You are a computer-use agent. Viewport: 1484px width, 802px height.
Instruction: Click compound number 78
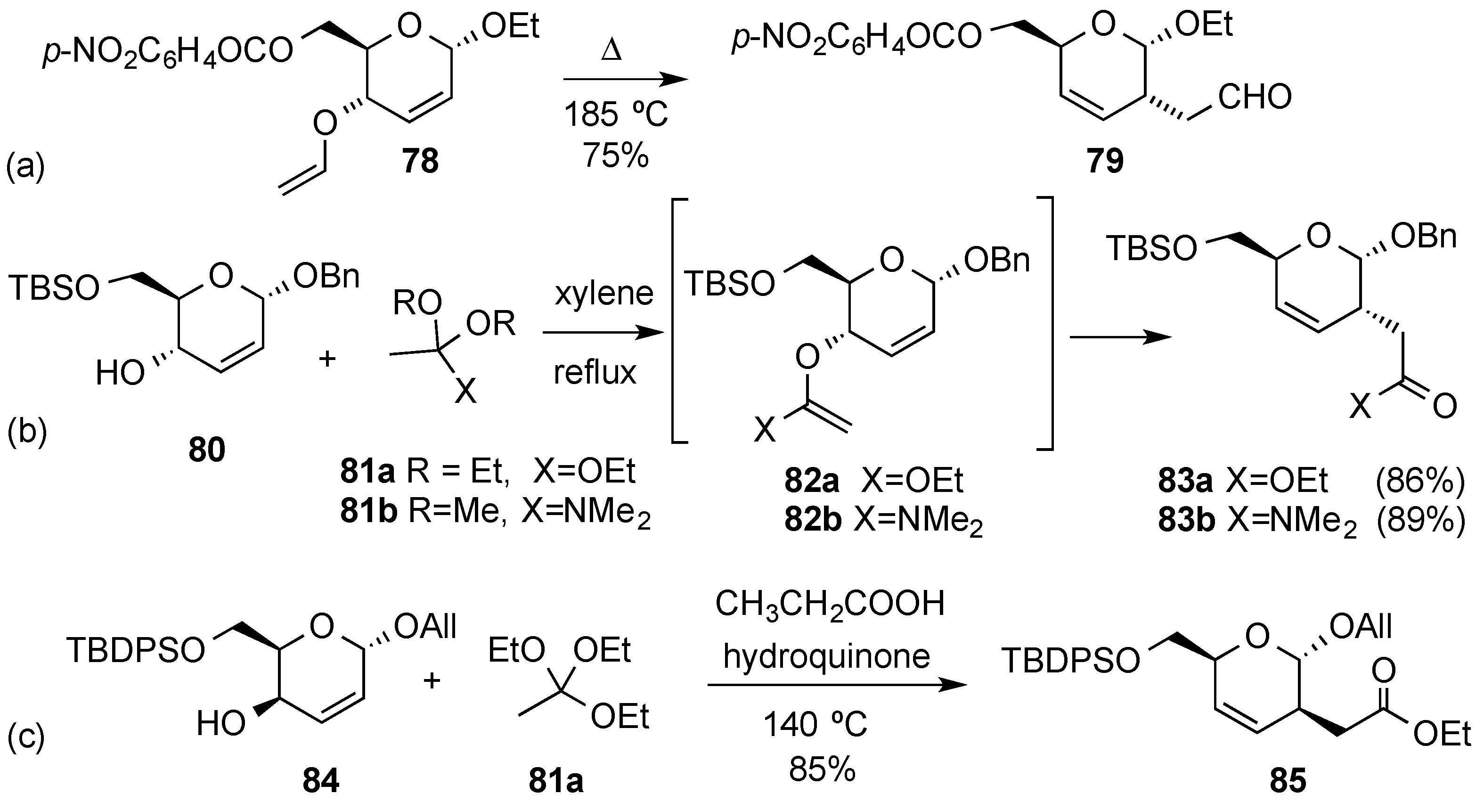tap(421, 161)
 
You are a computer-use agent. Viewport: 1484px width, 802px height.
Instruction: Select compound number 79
tap(1105, 161)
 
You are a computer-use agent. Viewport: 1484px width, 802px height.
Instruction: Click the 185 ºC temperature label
tap(615, 114)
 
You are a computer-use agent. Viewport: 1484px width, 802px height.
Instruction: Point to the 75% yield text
tap(615, 155)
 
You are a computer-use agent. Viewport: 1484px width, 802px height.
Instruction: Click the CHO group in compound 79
tap(1254, 97)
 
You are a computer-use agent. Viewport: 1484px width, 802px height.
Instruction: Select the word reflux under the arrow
tap(595, 373)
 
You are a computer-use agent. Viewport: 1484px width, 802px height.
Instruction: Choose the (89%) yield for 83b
tap(1420, 520)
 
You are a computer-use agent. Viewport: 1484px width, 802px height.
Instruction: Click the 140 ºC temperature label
tap(815, 724)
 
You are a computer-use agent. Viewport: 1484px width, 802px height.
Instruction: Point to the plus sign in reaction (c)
tap(432, 681)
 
